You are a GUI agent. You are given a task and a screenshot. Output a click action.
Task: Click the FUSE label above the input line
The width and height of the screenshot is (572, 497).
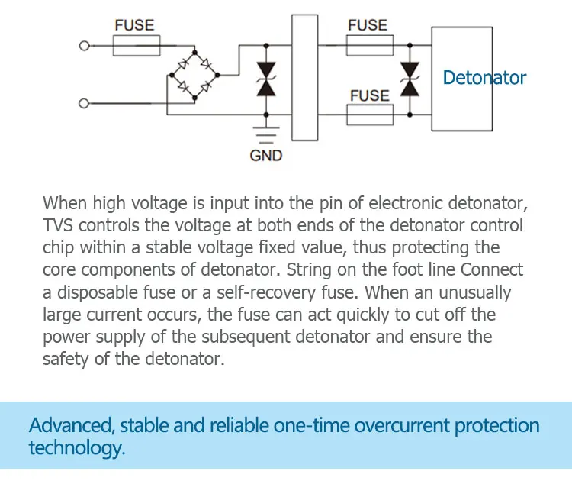[x=133, y=24]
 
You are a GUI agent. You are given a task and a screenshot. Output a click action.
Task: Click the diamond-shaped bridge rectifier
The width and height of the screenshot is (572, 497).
[x=193, y=75]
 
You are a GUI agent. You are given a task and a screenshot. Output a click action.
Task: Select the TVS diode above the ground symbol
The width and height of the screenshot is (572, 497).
[x=265, y=79]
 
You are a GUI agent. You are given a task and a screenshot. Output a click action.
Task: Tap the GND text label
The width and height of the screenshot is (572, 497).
[x=265, y=156]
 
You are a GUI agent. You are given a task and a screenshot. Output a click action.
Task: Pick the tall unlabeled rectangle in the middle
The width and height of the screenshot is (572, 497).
[x=304, y=77]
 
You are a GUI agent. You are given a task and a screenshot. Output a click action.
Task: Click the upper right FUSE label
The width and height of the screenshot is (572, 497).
[x=368, y=24]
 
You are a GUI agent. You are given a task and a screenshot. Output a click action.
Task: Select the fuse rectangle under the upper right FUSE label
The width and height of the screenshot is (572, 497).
[x=370, y=46]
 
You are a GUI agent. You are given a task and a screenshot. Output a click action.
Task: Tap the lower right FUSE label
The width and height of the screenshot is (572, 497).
[x=369, y=95]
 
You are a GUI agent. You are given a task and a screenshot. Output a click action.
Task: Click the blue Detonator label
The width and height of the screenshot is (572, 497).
[x=484, y=77]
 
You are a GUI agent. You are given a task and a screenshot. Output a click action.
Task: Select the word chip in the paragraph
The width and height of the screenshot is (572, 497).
[x=58, y=248]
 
